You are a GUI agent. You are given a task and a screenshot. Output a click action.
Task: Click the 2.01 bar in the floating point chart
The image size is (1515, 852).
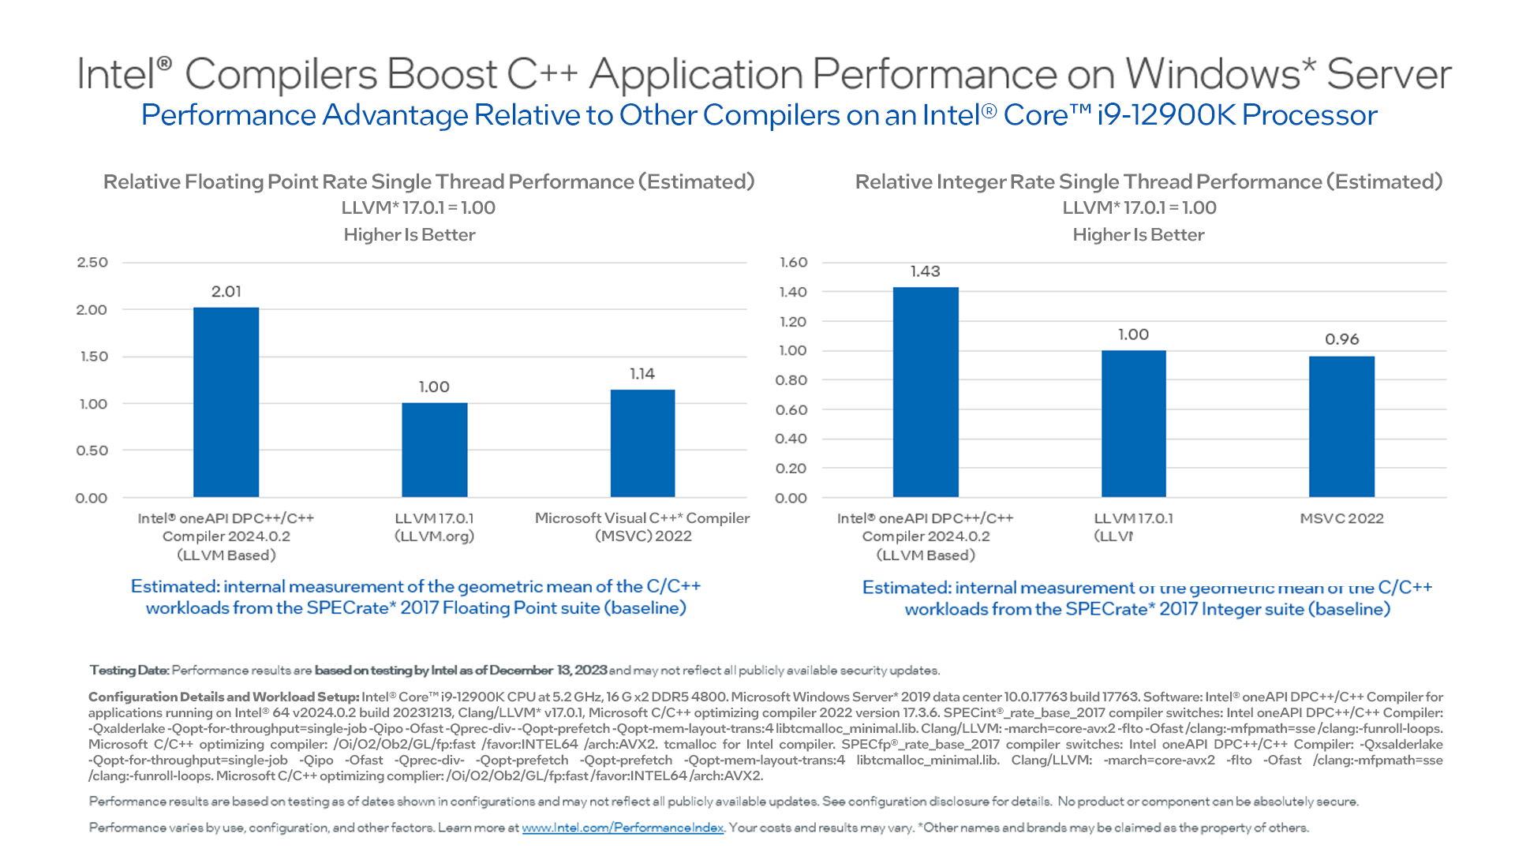click(226, 402)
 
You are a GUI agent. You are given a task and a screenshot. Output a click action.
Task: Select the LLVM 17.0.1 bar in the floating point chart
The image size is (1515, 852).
click(434, 450)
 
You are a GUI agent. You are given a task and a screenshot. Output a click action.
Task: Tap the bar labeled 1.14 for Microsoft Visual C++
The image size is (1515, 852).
click(642, 443)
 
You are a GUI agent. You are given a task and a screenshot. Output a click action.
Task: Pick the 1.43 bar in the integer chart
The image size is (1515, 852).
click(926, 392)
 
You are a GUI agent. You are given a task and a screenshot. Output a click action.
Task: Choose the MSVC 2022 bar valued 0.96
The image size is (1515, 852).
click(1341, 427)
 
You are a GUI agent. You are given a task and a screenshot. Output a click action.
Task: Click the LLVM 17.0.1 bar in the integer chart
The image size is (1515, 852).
click(1133, 424)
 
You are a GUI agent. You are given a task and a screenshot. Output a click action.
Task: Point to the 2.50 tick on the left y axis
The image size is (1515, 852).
click(92, 263)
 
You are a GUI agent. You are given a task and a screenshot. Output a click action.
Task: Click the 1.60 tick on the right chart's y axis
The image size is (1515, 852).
click(793, 263)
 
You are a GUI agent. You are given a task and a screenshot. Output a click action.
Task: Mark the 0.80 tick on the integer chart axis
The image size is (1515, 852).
click(791, 380)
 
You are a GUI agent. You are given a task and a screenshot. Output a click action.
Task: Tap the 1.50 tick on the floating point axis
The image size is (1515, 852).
click(93, 357)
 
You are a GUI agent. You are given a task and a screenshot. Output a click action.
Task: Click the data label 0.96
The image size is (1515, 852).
click(1341, 339)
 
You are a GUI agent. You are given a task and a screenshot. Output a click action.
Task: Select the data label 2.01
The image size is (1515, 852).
click(226, 292)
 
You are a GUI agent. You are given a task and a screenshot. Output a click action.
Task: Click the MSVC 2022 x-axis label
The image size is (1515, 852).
click(1341, 518)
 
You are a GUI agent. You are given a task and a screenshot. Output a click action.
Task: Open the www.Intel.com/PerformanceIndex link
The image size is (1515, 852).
click(623, 828)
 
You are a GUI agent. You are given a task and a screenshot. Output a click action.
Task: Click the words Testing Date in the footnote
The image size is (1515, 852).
click(129, 671)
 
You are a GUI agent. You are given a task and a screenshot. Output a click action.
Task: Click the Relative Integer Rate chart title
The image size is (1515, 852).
click(1148, 182)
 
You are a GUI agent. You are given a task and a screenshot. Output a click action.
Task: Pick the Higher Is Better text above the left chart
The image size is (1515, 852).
click(409, 235)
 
